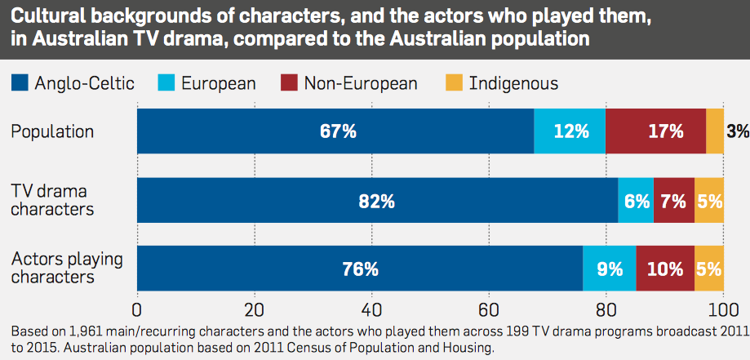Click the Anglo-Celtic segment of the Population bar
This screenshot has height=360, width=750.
point(335,131)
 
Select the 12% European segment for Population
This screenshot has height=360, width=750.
point(570,131)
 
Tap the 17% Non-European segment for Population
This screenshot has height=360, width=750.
point(655,131)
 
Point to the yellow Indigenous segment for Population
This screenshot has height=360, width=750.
point(715,131)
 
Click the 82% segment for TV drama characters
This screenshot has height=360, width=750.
point(376,200)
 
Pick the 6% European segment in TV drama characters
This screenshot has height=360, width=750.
point(636,200)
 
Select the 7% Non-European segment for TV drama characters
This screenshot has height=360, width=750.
point(674,200)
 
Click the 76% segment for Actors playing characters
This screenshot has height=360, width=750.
point(360,269)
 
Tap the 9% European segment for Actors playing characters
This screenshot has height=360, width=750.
point(610,269)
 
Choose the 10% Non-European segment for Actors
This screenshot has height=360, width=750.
point(665,269)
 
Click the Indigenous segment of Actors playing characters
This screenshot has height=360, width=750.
point(709,269)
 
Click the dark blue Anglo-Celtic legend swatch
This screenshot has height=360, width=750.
point(20,82)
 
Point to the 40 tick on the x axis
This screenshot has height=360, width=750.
point(371,309)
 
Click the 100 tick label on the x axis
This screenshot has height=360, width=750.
point(722,309)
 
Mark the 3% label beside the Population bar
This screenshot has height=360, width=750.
point(738,131)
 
